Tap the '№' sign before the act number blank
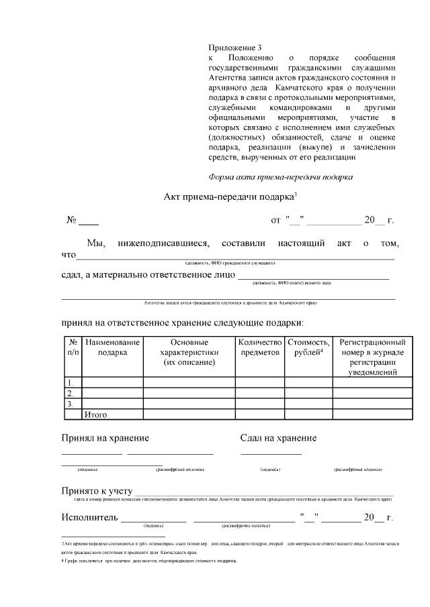(x=72, y=220)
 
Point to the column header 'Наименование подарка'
(x=112, y=347)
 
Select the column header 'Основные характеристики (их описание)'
(x=189, y=352)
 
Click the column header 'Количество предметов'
(x=260, y=347)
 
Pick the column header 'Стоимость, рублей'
(x=308, y=347)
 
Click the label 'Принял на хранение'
(x=105, y=438)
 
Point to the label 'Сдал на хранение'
(x=278, y=438)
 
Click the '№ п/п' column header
(x=73, y=347)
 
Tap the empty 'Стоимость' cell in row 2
(x=308, y=393)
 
